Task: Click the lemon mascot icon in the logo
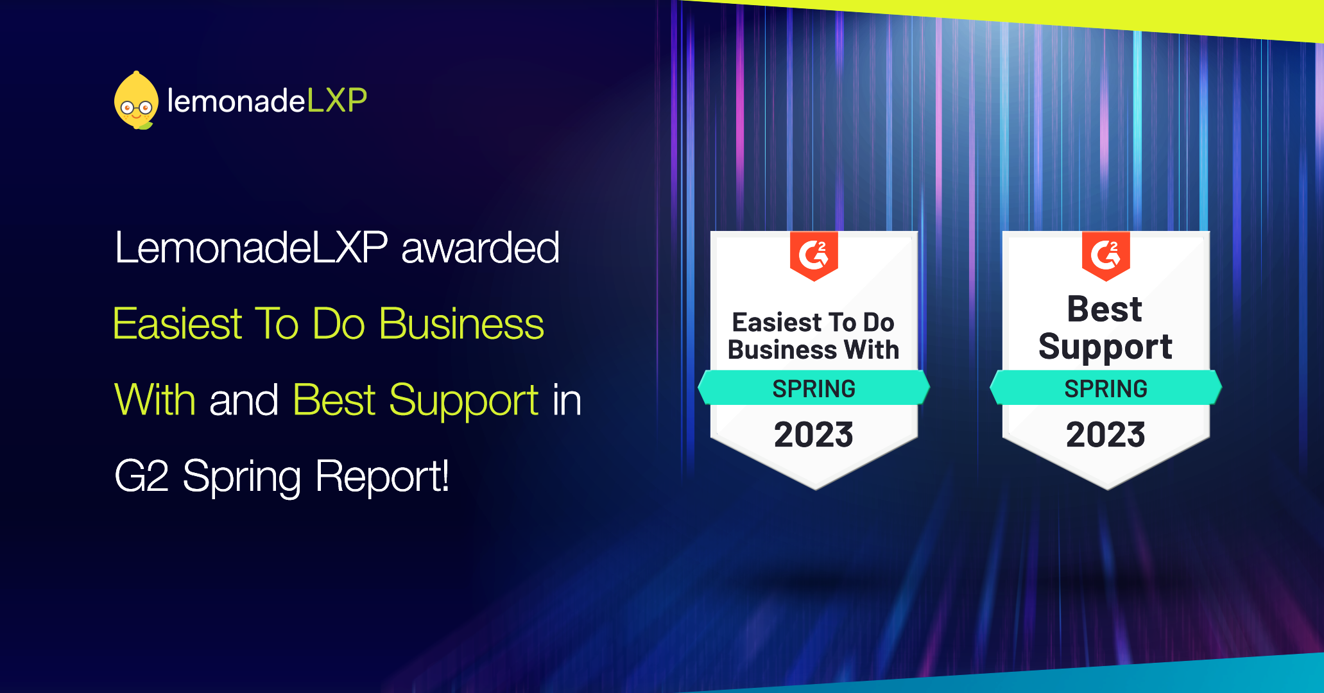pos(136,101)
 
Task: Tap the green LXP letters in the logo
pos(337,101)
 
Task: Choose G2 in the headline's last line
pos(142,476)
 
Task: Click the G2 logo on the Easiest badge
pos(814,255)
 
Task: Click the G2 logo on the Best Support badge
pos(1106,255)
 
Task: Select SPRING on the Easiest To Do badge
pos(814,389)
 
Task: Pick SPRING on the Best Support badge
pos(1106,389)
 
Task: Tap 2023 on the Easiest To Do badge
pos(814,434)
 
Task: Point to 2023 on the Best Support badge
pos(1106,434)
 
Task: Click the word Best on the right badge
pos(1105,309)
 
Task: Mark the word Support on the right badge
pos(1106,347)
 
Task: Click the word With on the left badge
pos(872,350)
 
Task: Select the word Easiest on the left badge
pos(777,322)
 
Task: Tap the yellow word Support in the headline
pos(464,401)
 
